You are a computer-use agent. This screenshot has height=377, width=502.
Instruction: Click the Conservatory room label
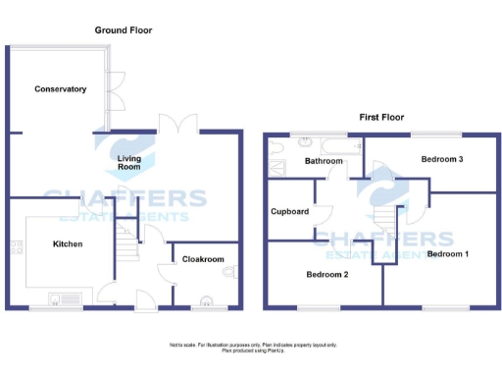(x=60, y=89)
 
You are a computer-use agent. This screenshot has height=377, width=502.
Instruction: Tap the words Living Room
(x=130, y=163)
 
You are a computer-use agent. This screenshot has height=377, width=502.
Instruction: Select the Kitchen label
(x=68, y=243)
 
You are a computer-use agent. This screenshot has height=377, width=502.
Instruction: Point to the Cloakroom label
(x=204, y=259)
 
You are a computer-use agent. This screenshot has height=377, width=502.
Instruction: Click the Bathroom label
(x=324, y=161)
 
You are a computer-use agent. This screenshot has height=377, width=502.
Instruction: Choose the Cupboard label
(x=290, y=211)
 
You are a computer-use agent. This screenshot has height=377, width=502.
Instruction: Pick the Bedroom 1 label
(x=448, y=254)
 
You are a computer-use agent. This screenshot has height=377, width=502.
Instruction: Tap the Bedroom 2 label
(x=327, y=274)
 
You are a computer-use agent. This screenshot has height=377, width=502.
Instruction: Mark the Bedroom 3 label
(x=442, y=159)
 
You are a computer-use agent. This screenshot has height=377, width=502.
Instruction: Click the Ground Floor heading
(x=124, y=30)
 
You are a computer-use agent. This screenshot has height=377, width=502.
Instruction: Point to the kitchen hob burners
(x=17, y=250)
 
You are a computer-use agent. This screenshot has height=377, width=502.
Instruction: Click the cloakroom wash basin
(x=207, y=300)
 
